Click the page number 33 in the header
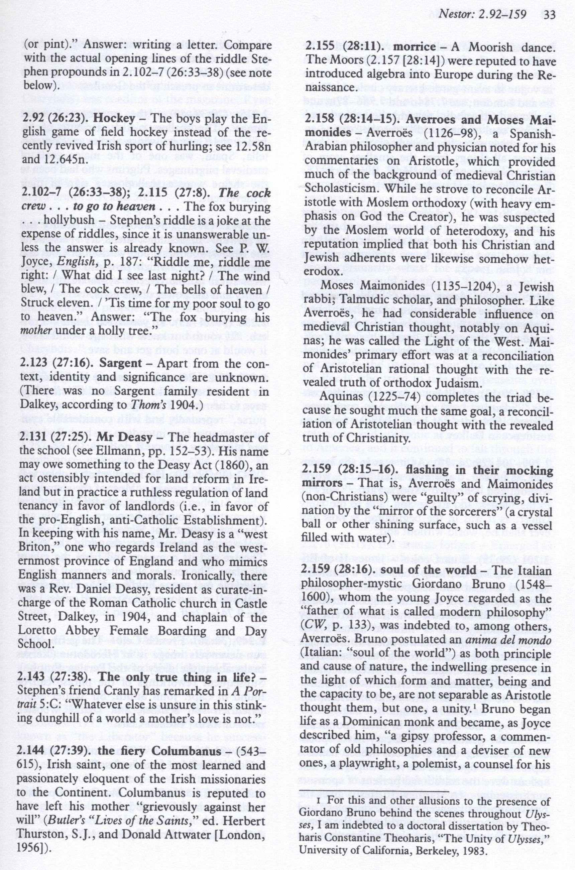550,14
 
